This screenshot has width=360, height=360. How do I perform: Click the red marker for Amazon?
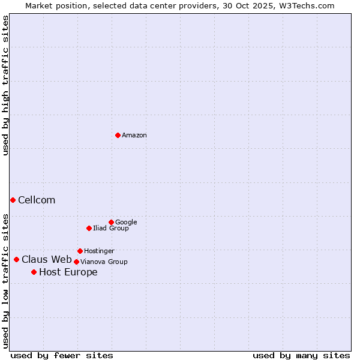pos(118,135)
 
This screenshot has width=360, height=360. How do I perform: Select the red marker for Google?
pos(111,222)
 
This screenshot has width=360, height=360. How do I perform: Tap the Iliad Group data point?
pos(89,228)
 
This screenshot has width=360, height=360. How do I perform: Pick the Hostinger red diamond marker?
pos(80,251)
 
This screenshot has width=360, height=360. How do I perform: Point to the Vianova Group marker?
pos(76,262)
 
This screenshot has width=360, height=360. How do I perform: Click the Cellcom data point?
pos(13,200)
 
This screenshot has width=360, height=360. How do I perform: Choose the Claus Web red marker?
pos(16,259)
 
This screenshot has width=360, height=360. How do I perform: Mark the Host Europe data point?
pos(34,272)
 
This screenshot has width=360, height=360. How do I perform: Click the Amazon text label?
pos(134,136)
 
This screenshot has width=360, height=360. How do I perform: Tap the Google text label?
pos(126,223)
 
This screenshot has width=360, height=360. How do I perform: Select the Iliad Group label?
pos(111,229)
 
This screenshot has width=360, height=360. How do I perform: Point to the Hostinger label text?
pos(99,251)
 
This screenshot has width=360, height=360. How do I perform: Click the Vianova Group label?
pos(104,262)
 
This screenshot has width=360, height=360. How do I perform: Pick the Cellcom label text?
pos(37,200)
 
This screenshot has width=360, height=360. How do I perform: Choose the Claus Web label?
pos(47,260)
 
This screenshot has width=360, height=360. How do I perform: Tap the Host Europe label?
pos(68,272)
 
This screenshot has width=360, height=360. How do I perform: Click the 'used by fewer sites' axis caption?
pos(62,355)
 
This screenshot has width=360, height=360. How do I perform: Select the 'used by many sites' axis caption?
pos(301,355)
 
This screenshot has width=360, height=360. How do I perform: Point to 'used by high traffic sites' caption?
pos(5,85)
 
